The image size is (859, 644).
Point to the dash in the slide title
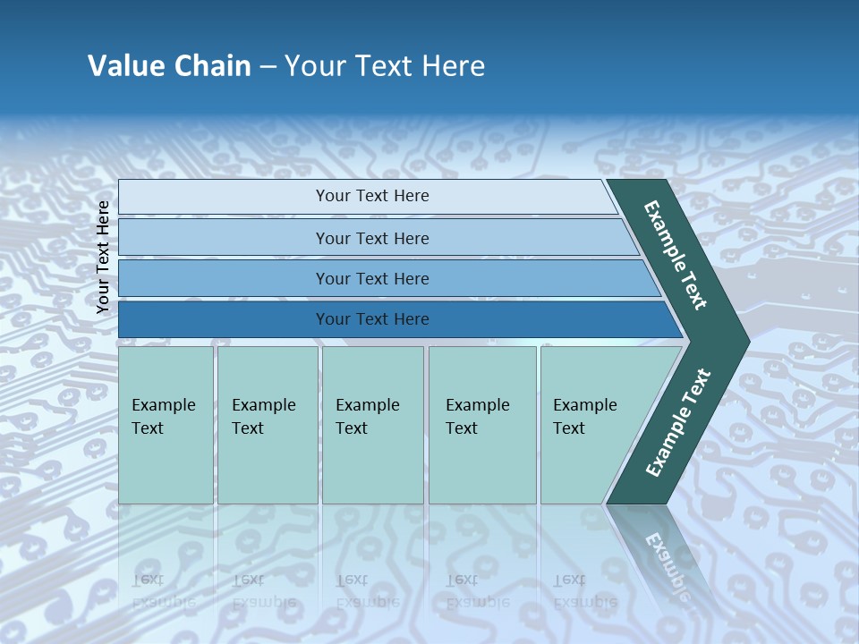tap(268, 67)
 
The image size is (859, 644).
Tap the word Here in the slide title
tap(453, 66)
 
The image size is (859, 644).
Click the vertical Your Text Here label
tap(103, 257)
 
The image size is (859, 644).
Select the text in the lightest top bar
tap(372, 196)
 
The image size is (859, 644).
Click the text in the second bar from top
tap(372, 238)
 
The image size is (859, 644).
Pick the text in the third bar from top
tap(372, 278)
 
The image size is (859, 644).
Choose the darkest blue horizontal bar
tap(372, 319)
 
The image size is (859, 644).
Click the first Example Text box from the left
tap(166, 424)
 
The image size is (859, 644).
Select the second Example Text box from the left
tap(267, 424)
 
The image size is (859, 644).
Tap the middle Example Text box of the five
tap(371, 424)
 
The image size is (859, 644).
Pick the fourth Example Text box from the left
tap(481, 424)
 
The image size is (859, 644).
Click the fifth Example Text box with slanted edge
tap(591, 424)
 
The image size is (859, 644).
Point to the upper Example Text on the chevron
tap(676, 255)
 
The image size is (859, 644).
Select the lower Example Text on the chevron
tap(677, 423)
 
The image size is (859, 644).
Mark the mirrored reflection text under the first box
tap(163, 590)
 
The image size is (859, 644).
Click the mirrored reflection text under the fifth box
tap(584, 590)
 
